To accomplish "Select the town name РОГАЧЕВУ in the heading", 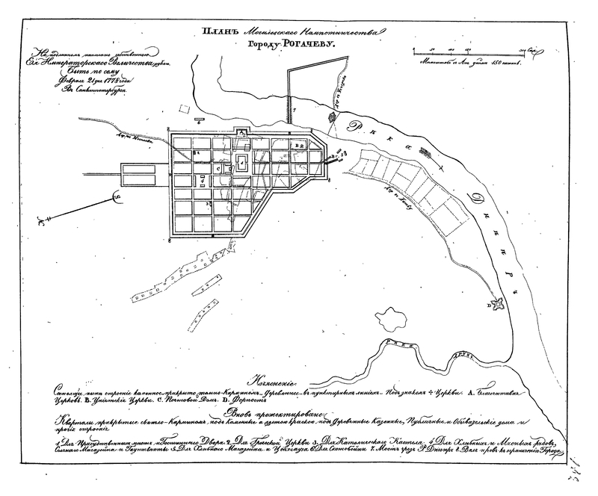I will pos(307,46).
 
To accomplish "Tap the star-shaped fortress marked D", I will pos(494,304).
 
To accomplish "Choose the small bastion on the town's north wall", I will pos(241,131).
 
